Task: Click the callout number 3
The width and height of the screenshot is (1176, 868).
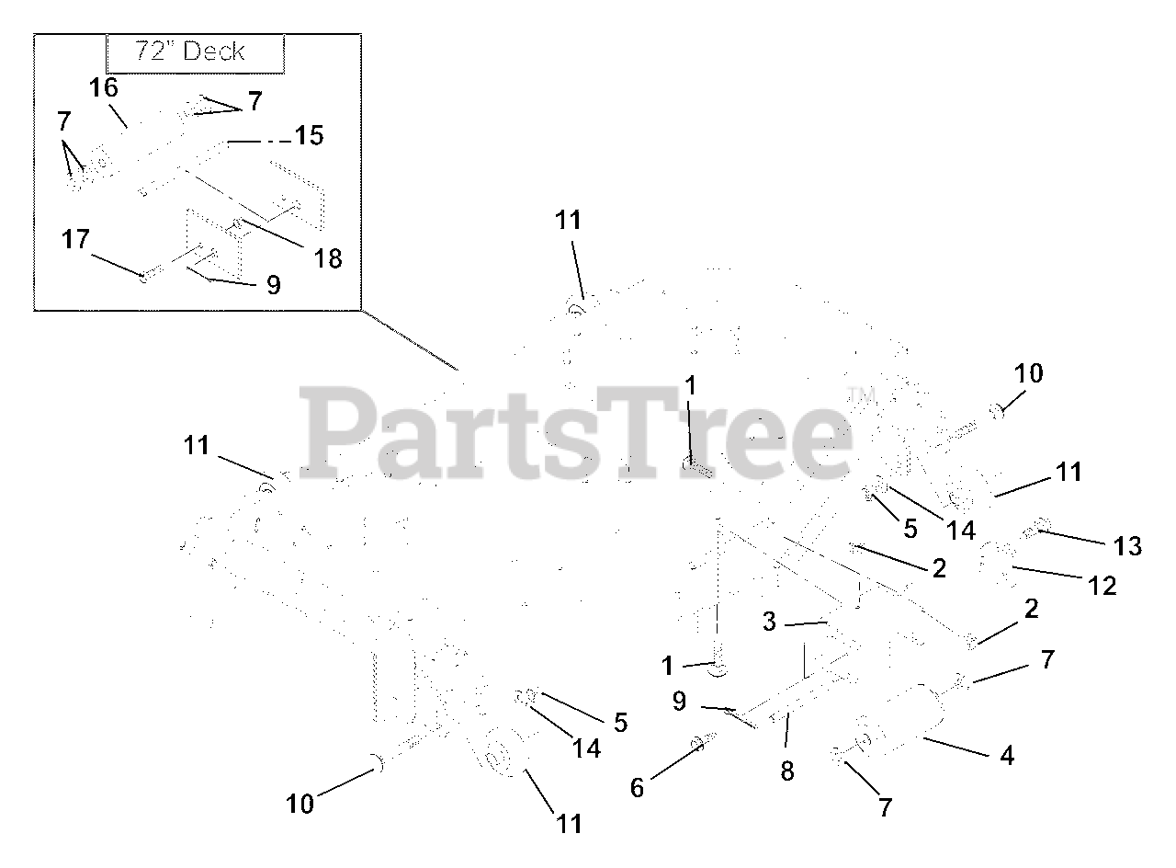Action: click(x=769, y=622)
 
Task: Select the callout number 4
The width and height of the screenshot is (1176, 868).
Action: click(x=1007, y=756)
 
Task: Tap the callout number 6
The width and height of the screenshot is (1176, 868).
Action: click(x=637, y=787)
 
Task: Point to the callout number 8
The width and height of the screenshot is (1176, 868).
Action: click(x=787, y=771)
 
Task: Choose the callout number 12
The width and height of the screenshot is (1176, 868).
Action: click(x=1102, y=585)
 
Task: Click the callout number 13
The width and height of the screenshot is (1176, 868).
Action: click(x=1127, y=545)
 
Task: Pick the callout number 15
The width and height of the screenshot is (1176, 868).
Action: click(x=309, y=136)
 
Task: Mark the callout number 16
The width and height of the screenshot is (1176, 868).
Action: click(x=104, y=89)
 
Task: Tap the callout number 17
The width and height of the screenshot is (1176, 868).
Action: click(x=76, y=240)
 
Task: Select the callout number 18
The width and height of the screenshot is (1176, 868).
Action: click(x=327, y=258)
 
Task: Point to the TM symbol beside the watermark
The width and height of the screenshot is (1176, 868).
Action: click(x=861, y=396)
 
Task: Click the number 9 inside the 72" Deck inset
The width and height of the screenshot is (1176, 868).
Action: click(x=273, y=285)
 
